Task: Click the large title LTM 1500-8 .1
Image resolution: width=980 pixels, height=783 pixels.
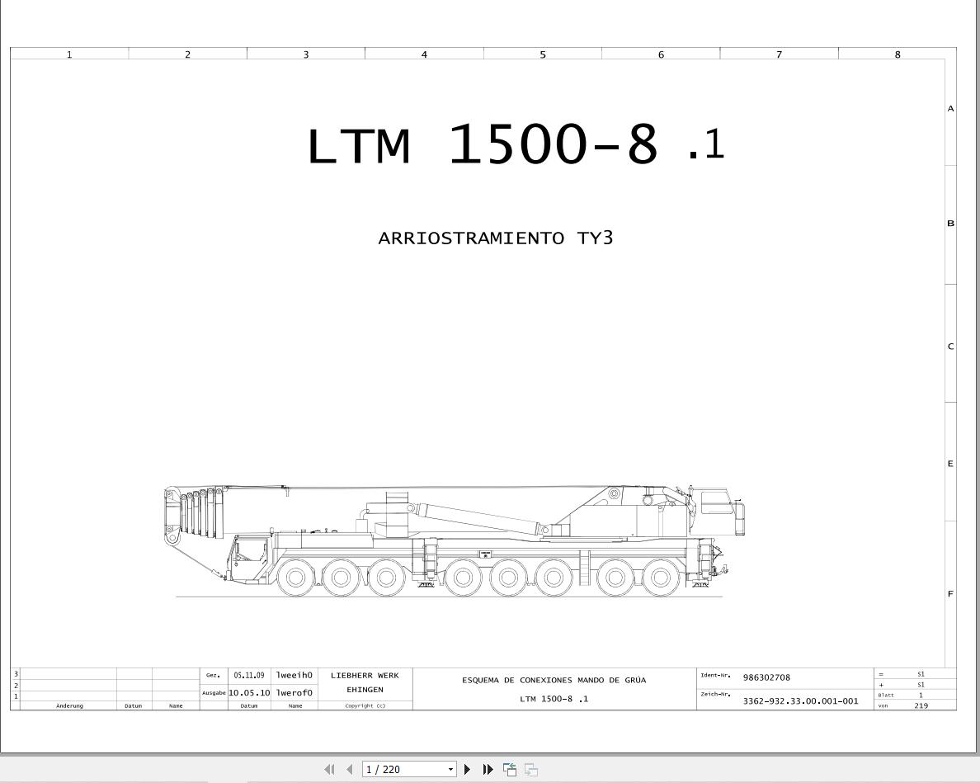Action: pyautogui.click(x=516, y=144)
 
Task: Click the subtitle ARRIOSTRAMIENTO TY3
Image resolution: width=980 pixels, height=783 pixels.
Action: pyautogui.click(x=496, y=238)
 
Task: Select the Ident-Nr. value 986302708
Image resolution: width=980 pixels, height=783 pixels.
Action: pyautogui.click(x=766, y=677)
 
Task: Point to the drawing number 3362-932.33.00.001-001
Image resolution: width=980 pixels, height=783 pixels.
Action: pyautogui.click(x=801, y=701)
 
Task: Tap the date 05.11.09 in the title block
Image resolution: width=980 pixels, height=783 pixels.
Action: pyautogui.click(x=249, y=676)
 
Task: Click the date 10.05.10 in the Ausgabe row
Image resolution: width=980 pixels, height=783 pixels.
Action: pyautogui.click(x=249, y=692)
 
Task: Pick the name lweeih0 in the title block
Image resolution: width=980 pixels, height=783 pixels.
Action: pyautogui.click(x=294, y=676)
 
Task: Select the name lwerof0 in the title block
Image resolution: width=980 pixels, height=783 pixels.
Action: pyautogui.click(x=294, y=692)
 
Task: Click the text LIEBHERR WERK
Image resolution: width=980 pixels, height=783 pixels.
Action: pyautogui.click(x=365, y=676)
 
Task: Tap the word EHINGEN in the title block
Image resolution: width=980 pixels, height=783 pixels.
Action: pyautogui.click(x=365, y=690)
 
